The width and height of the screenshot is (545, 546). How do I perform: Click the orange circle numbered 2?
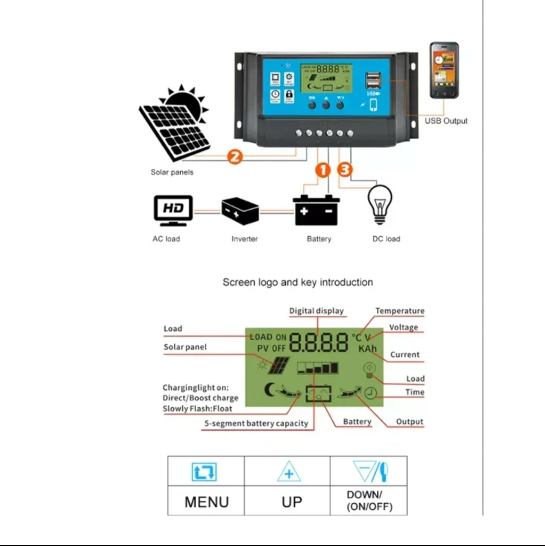click(x=234, y=156)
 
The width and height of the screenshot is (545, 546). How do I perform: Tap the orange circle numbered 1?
click(x=323, y=170)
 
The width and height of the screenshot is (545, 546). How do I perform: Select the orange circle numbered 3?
click(x=345, y=170)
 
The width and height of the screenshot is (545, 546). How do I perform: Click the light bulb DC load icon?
click(x=380, y=204)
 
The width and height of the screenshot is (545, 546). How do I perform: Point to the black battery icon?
click(x=316, y=210)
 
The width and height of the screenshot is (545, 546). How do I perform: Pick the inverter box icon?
click(x=240, y=211)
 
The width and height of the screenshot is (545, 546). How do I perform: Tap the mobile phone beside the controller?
click(x=444, y=70)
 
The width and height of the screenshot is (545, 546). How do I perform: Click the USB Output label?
click(x=446, y=121)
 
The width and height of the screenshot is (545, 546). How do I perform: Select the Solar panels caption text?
click(x=172, y=172)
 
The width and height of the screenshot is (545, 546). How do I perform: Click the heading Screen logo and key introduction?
click(x=298, y=282)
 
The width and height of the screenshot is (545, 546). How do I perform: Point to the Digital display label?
click(x=316, y=311)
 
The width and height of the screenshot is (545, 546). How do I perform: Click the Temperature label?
click(x=400, y=311)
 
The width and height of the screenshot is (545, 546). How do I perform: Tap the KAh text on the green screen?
click(x=367, y=349)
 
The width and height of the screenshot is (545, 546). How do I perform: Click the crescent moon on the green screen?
click(x=270, y=389)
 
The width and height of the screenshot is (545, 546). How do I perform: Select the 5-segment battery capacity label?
click(x=256, y=423)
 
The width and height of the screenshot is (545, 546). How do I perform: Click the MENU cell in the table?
click(x=206, y=501)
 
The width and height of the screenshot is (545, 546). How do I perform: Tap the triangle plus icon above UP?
click(x=289, y=472)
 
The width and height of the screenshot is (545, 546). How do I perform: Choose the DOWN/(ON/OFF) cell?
click(x=369, y=501)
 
